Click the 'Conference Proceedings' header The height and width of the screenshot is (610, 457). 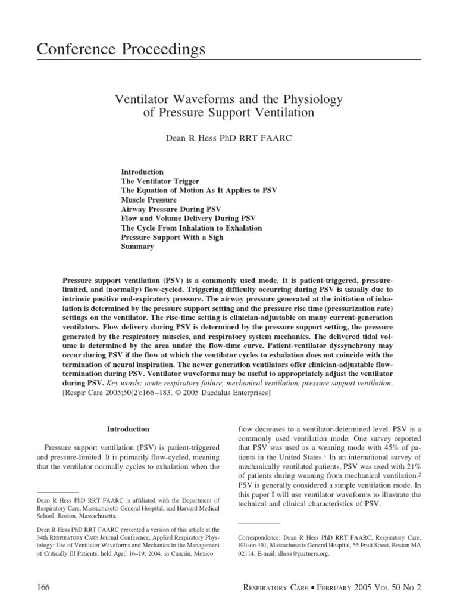121,49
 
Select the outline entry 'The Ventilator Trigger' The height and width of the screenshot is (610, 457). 160,181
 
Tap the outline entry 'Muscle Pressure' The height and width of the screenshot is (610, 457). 149,200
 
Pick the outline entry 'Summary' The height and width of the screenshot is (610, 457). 137,247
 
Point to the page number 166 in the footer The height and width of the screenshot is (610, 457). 44,587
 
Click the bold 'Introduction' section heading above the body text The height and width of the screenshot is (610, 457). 128,429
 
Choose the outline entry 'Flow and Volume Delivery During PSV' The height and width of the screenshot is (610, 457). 188,219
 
